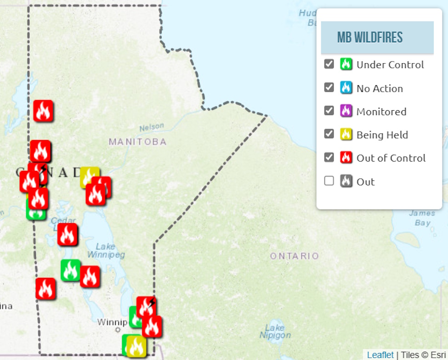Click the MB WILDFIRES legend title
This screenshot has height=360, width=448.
(370, 38)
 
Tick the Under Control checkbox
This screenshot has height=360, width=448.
(329, 64)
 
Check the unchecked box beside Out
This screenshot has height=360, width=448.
(329, 181)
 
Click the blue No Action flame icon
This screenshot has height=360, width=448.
(346, 88)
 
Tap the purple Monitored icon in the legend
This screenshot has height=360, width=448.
(346, 111)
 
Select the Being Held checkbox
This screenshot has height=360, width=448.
(329, 134)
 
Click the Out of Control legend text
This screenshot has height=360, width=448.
(391, 158)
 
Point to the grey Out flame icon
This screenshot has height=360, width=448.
(346, 181)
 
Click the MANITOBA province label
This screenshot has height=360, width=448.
(137, 142)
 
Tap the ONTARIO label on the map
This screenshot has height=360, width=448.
(295, 256)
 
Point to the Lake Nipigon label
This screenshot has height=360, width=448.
(275, 332)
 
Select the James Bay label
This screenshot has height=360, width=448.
(422, 218)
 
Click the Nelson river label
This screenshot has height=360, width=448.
(152, 127)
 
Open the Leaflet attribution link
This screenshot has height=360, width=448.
(380, 355)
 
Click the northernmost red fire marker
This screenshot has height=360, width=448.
(43, 111)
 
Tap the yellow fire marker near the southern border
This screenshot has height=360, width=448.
(136, 347)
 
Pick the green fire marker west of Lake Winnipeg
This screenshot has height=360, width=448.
(71, 270)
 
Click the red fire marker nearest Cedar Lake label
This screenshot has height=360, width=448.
(68, 235)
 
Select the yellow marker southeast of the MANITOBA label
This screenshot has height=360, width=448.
(89, 177)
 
